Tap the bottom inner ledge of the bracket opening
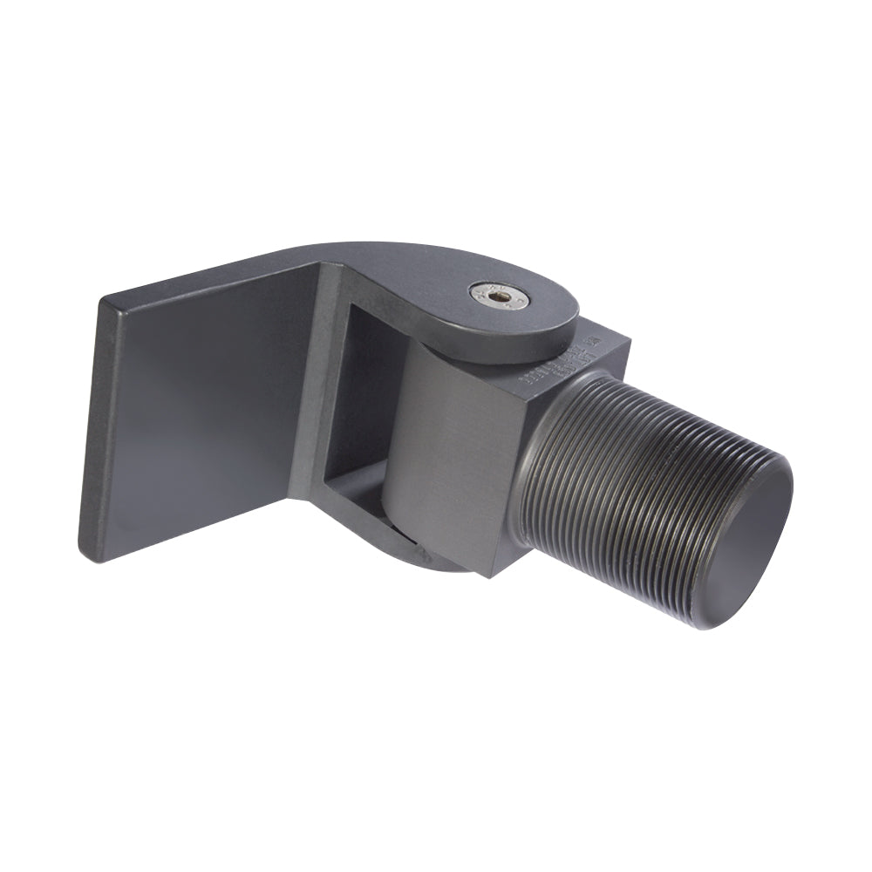click(x=358, y=497)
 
